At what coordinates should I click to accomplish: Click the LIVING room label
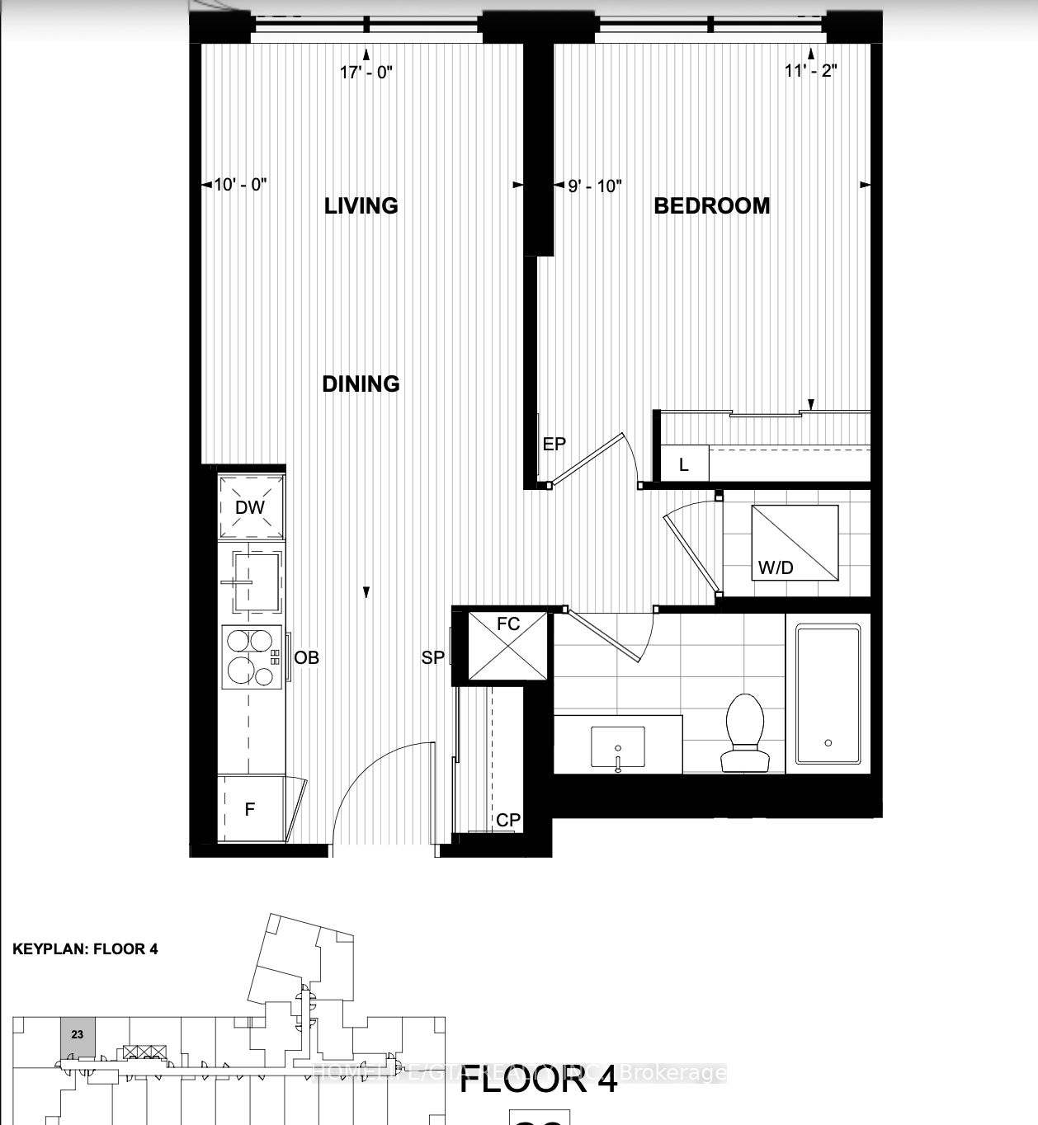point(361,205)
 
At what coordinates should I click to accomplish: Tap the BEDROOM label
point(711,205)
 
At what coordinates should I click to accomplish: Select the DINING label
point(361,384)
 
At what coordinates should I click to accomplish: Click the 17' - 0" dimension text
point(366,72)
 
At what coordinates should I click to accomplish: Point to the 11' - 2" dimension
point(811,70)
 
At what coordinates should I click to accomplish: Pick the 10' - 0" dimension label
point(240,185)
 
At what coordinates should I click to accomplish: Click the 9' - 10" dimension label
point(594,186)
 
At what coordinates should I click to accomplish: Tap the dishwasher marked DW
point(251,506)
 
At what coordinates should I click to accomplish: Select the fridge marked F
point(251,809)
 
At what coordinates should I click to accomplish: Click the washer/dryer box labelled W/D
point(794,544)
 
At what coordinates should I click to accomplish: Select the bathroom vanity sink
point(618,746)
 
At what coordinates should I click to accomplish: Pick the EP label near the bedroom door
point(554,444)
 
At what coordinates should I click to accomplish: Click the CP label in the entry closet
point(508,820)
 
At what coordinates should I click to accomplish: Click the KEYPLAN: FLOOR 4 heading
point(85,948)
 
